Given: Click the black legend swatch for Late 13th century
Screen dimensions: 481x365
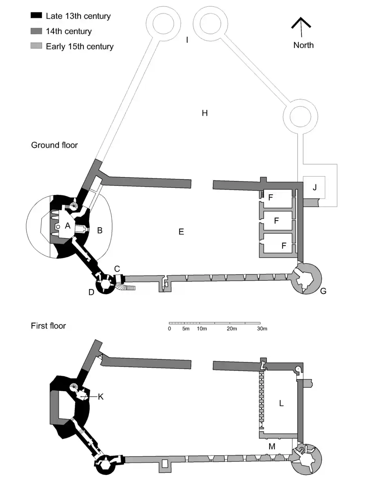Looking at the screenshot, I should click(36, 16).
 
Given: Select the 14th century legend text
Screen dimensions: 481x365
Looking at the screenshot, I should click(69, 32).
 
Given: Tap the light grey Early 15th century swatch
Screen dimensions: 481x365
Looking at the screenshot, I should click(36, 46).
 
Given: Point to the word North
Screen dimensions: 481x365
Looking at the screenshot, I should click(303, 45).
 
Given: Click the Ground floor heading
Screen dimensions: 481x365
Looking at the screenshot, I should click(55, 145).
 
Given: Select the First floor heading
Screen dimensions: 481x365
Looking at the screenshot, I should click(48, 326).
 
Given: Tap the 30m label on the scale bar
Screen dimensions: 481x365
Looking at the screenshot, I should click(262, 329).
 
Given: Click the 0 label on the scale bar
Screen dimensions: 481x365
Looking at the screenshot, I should click(170, 329).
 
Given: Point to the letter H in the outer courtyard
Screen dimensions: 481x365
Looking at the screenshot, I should click(205, 113).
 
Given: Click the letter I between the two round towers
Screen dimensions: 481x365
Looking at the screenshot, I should click(187, 39).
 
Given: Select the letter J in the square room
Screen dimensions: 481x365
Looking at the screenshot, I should click(315, 187).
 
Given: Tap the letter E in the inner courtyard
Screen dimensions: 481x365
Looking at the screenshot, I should click(181, 232).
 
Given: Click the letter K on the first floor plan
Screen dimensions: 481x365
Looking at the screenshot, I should click(100, 396).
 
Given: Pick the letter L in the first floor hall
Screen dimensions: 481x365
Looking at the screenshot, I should click(281, 404).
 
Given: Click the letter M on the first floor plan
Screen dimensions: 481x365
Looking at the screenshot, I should click(272, 446).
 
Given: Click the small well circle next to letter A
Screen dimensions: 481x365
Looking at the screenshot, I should click(58, 227).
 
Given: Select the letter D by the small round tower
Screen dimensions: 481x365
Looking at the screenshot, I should click(91, 292).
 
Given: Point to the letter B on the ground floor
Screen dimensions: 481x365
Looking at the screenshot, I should click(100, 230).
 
